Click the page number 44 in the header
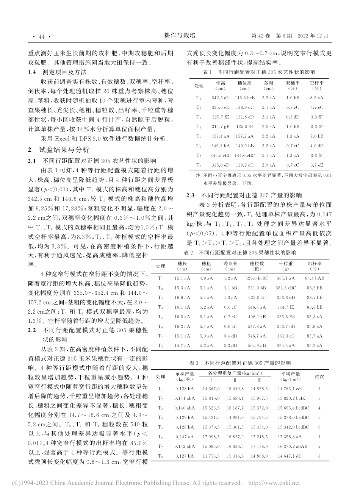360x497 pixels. (x=39, y=36)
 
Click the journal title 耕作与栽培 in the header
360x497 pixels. (x=180, y=36)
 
